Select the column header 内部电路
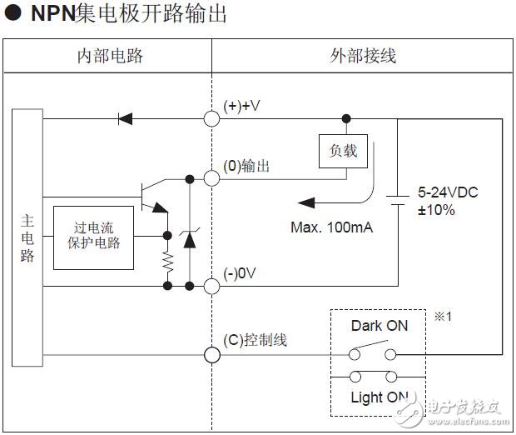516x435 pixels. click(x=110, y=56)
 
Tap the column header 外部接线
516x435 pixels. click(x=363, y=56)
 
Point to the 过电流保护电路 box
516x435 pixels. click(x=92, y=237)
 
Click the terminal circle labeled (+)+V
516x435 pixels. click(x=212, y=117)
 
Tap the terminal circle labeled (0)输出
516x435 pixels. click(x=212, y=177)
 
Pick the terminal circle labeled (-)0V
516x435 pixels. click(x=212, y=286)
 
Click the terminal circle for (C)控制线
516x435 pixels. click(x=212, y=354)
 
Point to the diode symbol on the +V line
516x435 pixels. click(x=126, y=117)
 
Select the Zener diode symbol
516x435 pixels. click(x=190, y=238)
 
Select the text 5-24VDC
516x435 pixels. click(x=447, y=192)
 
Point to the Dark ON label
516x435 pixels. click(x=380, y=326)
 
